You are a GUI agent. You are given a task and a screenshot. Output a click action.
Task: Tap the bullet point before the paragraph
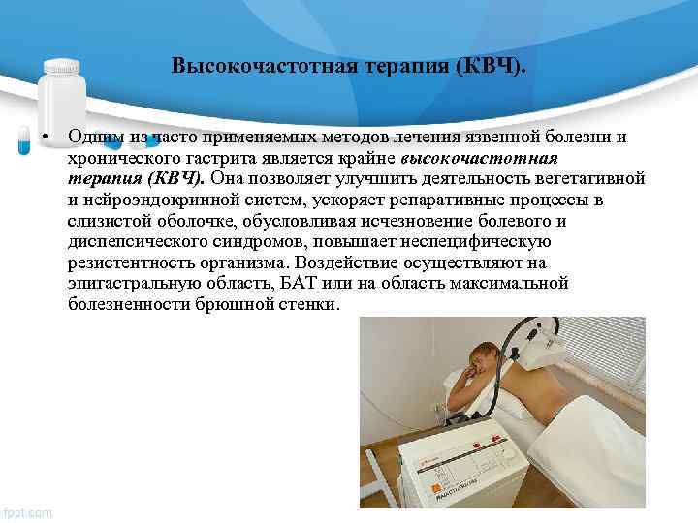click(46, 137)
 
